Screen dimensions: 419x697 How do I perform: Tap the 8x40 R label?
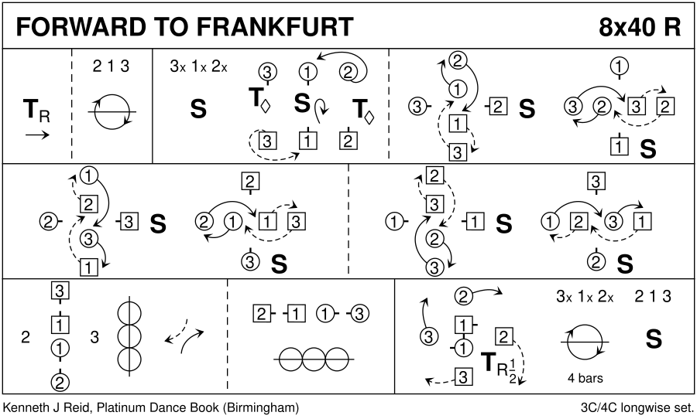click(640, 26)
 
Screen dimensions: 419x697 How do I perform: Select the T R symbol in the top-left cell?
click(36, 112)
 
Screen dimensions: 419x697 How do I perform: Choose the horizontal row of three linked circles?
click(314, 359)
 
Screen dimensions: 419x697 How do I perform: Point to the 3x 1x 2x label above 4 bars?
click(585, 297)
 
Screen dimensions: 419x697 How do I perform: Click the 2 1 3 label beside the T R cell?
click(111, 66)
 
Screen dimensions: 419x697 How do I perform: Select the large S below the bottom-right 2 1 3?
click(654, 339)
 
